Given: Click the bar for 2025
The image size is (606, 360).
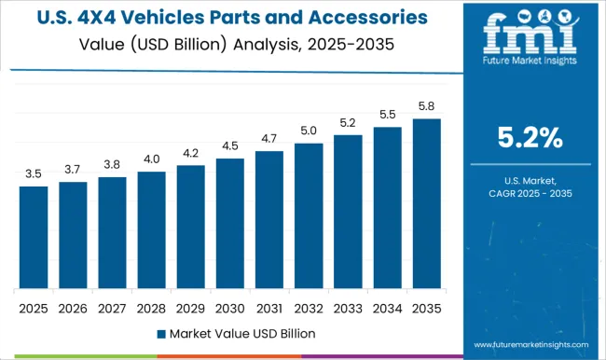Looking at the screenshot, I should coord(34,237).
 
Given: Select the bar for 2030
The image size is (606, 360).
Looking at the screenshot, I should coord(229,223).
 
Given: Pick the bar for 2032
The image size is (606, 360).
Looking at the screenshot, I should coord(309,215).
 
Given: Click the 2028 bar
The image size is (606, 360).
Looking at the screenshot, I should coord(151,229).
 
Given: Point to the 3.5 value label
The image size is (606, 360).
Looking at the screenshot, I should coord(34,173).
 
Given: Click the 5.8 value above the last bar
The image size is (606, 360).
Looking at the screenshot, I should coord(426,106).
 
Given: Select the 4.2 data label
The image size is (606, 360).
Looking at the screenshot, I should coord(190,153).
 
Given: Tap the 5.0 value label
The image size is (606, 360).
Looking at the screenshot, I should coord(309,131).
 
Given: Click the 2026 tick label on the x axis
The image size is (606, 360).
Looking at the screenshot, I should coord(73,307).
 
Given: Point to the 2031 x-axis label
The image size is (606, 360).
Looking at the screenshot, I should coord(269,307).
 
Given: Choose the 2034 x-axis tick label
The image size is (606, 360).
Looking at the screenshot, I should coord(387,307).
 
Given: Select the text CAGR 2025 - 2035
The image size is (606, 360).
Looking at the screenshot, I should coord(529,193).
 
